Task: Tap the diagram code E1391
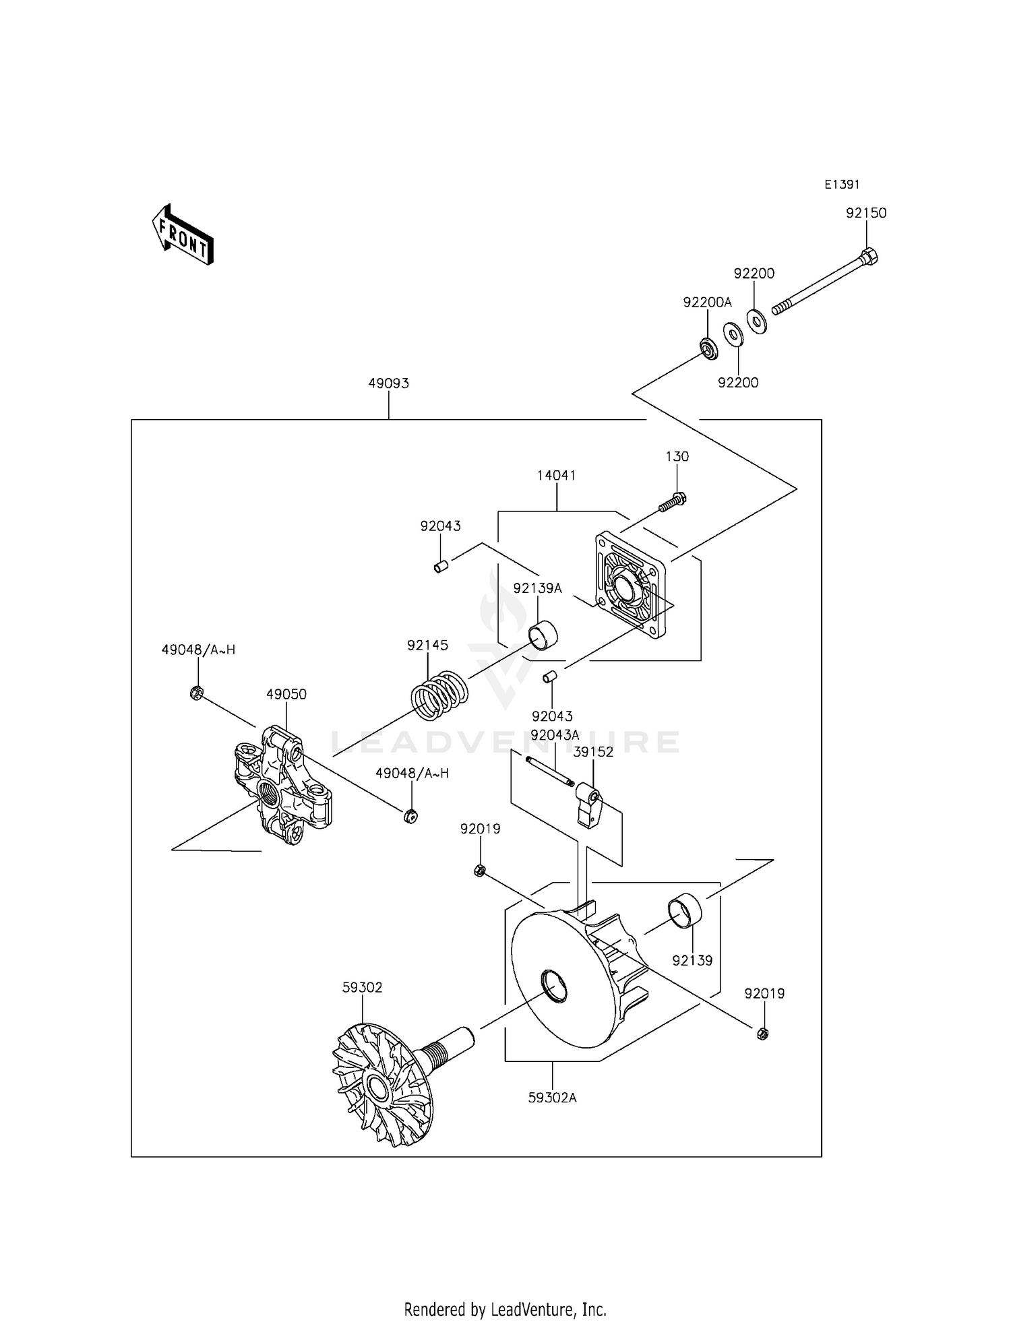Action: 842,185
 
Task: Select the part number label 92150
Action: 866,213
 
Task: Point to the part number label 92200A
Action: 707,303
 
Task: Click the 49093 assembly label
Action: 388,383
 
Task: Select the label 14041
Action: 556,476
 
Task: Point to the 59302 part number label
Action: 362,988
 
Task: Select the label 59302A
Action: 552,1098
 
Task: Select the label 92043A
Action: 555,735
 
